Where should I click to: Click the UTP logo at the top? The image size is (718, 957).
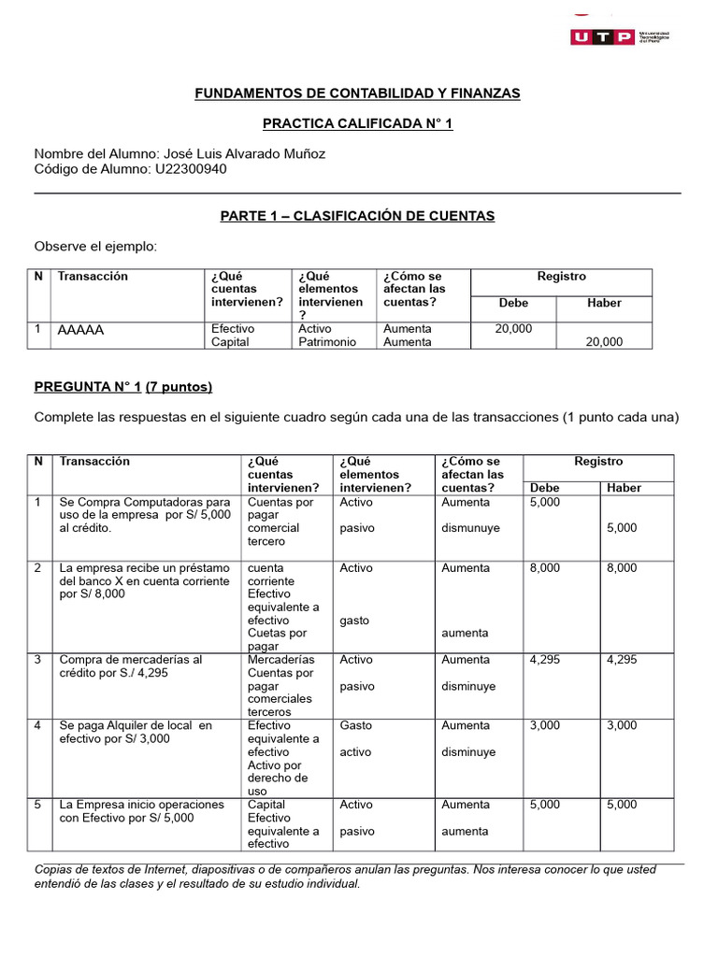pos(625,36)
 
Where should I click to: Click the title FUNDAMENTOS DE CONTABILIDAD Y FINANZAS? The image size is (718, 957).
pos(357,93)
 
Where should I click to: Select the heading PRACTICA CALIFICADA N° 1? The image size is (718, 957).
pos(357,123)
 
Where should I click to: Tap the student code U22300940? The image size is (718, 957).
pos(191,169)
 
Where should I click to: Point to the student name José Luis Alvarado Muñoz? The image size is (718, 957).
pos(244,153)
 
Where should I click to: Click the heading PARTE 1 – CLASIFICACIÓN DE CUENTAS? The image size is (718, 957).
pos(357,216)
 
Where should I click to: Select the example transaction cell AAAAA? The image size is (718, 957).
pos(80,330)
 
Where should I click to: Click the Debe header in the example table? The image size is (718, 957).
pos(513,303)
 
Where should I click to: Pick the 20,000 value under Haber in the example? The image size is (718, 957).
pos(603,342)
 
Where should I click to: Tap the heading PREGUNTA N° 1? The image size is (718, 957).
pos(87,387)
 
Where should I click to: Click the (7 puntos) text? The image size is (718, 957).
pos(179,387)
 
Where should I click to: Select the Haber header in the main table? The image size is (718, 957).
pos(624,488)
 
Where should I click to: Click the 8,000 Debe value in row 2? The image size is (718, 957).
pos(545,568)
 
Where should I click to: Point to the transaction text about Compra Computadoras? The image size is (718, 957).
pos(145,515)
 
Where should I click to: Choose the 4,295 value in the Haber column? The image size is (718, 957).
pos(623,660)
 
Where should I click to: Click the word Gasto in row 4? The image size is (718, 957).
pos(355,725)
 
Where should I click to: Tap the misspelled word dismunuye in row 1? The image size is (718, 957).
pos(470,528)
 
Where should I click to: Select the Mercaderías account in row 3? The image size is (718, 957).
pos(280,660)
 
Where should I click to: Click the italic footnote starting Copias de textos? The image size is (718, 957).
pos(344,877)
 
